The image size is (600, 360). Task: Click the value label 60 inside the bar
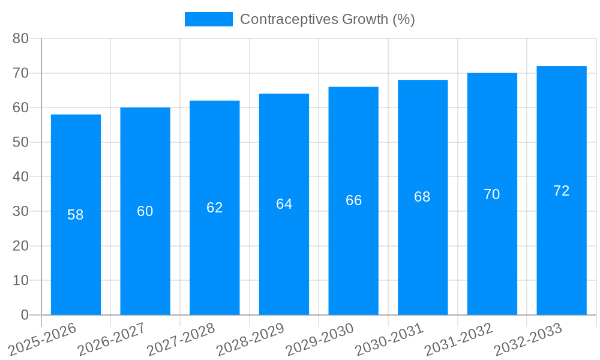click(x=145, y=211)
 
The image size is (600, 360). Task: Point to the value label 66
click(x=353, y=200)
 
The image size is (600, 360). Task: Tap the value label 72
click(x=562, y=191)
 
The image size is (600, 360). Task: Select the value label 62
click(x=214, y=208)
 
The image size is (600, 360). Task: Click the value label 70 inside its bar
click(x=492, y=194)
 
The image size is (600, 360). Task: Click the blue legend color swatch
click(x=208, y=19)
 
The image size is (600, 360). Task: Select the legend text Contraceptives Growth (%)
click(x=327, y=19)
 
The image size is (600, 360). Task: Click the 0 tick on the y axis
click(x=25, y=315)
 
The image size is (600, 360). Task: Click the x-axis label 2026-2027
click(x=111, y=340)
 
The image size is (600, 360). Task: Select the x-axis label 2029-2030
click(x=319, y=340)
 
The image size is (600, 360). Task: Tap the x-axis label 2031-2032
click(x=458, y=340)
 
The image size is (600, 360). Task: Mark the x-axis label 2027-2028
click(x=181, y=340)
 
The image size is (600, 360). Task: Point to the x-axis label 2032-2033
click(x=527, y=340)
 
